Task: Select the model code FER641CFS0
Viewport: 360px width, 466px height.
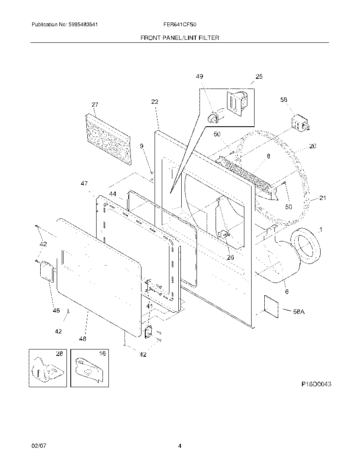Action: [180, 25]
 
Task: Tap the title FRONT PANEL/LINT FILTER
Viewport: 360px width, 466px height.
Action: [180, 38]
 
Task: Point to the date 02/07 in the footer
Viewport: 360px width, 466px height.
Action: [38, 446]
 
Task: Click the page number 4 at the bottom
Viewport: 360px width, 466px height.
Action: [180, 446]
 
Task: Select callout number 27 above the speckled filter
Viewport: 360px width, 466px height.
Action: [94, 105]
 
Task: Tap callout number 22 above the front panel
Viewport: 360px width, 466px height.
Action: [155, 102]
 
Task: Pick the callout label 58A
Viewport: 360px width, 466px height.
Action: [299, 312]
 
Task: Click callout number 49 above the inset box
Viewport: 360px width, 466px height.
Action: [199, 76]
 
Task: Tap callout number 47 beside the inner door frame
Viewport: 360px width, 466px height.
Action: [84, 183]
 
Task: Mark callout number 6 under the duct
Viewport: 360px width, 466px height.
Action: [286, 291]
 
